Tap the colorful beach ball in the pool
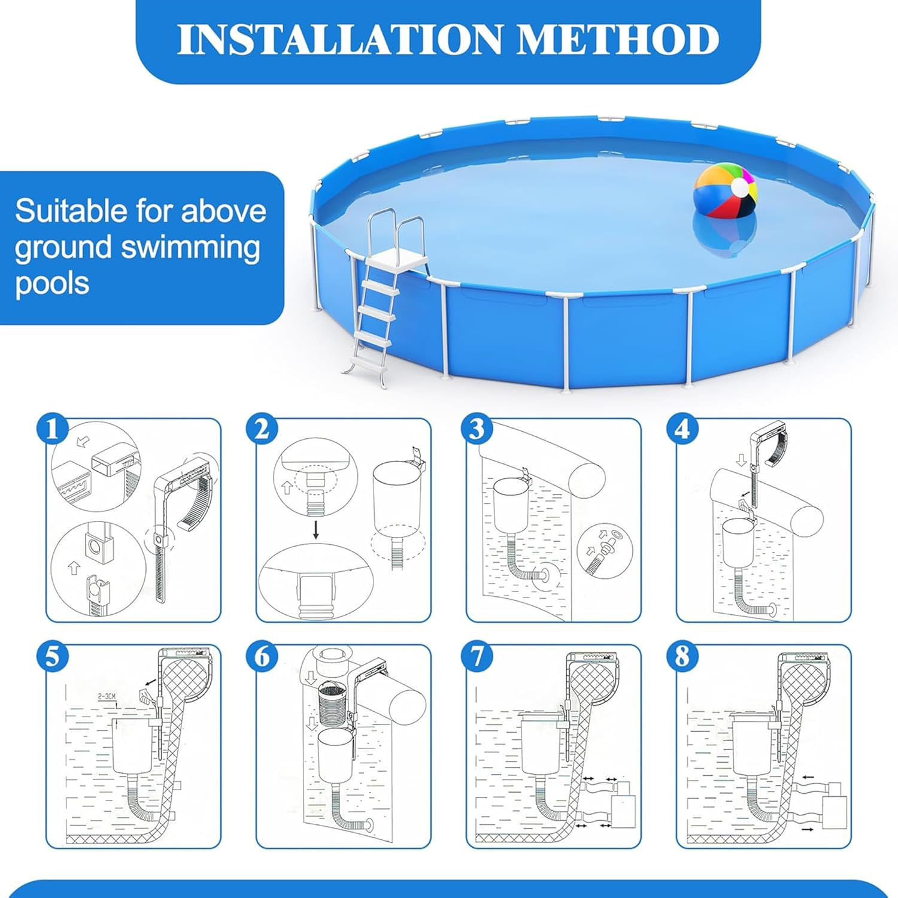[x=725, y=195]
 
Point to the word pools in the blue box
[x=52, y=283]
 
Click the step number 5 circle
[x=53, y=657]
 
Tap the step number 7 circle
[x=477, y=657]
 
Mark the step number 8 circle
[x=682, y=657]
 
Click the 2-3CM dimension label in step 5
[x=107, y=696]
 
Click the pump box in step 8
[x=834, y=811]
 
